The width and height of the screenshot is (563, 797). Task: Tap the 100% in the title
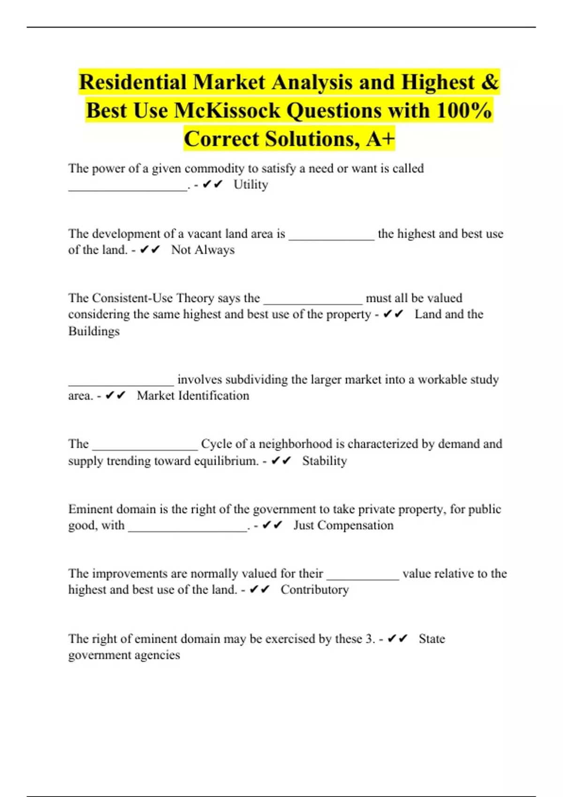coord(464,111)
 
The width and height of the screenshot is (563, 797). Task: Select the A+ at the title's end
coord(380,139)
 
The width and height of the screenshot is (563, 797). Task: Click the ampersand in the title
coord(489,82)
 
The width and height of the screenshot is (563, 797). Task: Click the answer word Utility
coord(251,185)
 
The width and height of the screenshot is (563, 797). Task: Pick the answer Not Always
coord(203,250)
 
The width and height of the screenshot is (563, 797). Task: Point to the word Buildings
coord(94,331)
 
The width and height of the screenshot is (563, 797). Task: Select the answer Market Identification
coord(193,396)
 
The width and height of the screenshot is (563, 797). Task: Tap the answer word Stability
coord(324,461)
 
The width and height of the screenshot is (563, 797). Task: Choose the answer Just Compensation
coord(343,526)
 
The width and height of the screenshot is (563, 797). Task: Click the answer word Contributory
coord(315,590)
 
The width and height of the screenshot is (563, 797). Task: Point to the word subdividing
coord(232,379)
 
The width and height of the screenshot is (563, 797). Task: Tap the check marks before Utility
coord(213,185)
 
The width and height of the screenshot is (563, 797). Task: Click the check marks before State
coord(397,639)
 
